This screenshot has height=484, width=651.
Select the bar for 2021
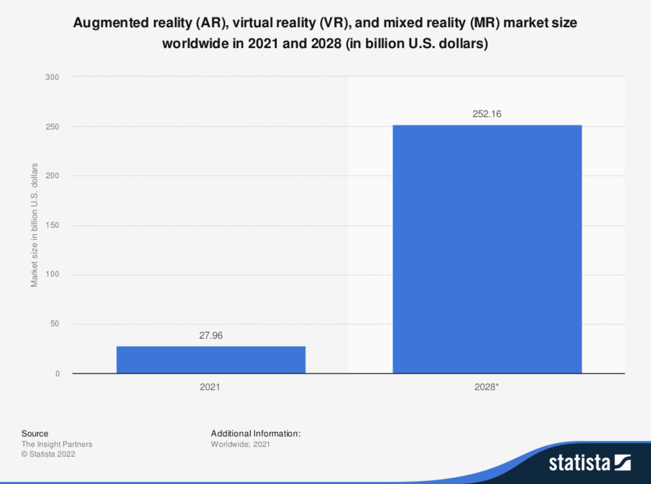(211, 360)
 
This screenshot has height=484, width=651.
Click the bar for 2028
(487, 249)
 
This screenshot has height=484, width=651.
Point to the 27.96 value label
(211, 335)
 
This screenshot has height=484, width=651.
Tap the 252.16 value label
(487, 114)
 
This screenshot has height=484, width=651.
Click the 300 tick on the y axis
(52, 77)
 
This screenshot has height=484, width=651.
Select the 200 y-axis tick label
(52, 176)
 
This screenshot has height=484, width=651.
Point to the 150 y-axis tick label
(52, 225)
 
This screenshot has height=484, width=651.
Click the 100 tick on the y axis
(52, 274)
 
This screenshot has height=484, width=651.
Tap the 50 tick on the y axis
(54, 324)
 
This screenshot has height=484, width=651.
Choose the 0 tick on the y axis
(57, 374)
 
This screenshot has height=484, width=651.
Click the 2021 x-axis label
(210, 387)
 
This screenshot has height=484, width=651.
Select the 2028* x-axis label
(486, 387)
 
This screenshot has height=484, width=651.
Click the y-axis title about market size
(34, 225)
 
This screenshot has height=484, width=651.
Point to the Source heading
(35, 434)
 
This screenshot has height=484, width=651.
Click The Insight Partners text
(57, 444)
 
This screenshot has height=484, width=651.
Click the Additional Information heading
(256, 434)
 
